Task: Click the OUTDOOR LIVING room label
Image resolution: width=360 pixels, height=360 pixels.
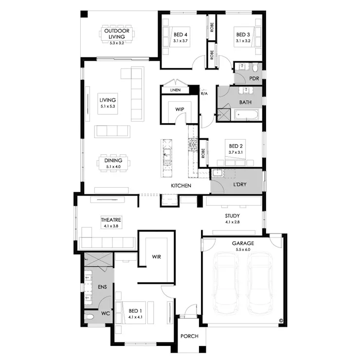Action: click(x=117, y=34)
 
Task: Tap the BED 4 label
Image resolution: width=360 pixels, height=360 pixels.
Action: click(x=180, y=35)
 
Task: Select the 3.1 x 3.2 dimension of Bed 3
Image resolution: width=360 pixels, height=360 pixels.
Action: click(x=243, y=41)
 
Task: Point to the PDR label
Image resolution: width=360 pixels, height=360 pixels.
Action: click(x=254, y=78)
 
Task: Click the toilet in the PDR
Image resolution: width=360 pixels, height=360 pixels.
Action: click(x=255, y=68)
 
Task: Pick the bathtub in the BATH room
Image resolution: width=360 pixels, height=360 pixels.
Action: click(x=246, y=114)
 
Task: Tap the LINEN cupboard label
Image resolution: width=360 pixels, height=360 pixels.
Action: click(x=175, y=90)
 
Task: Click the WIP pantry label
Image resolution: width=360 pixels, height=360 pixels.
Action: click(x=180, y=109)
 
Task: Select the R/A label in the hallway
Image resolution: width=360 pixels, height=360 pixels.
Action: click(x=204, y=94)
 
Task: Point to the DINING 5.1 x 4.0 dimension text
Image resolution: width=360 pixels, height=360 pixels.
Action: click(x=113, y=167)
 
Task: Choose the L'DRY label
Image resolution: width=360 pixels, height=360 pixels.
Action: click(x=240, y=184)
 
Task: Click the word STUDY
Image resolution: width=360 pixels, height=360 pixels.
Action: click(x=233, y=216)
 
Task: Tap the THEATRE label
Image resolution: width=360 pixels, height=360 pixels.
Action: click(x=111, y=220)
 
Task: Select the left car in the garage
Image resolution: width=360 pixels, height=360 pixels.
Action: click(x=225, y=283)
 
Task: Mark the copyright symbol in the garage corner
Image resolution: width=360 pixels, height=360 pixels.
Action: click(x=281, y=321)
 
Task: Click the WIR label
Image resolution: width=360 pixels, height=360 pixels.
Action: click(x=156, y=257)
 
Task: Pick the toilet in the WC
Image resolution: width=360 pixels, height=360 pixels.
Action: click(x=90, y=317)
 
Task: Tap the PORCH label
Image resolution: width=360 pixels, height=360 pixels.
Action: click(x=189, y=336)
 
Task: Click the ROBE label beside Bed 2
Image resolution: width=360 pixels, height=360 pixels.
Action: click(x=203, y=153)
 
